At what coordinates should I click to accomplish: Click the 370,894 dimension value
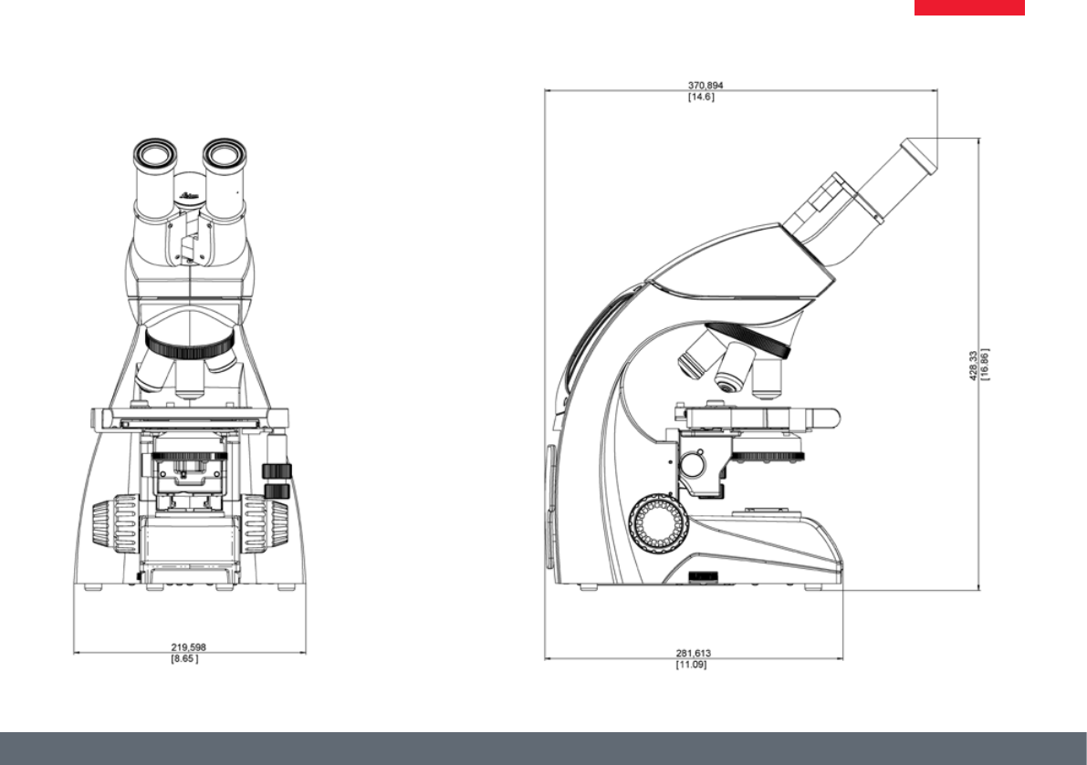point(705,85)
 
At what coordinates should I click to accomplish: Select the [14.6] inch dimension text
point(701,97)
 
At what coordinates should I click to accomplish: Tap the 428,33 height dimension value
point(973,365)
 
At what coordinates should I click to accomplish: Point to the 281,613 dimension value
point(694,653)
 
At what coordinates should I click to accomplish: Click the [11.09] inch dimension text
point(691,665)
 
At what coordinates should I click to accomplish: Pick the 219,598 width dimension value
point(189,647)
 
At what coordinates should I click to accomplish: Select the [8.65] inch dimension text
point(184,658)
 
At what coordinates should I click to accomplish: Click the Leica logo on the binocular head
point(189,197)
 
